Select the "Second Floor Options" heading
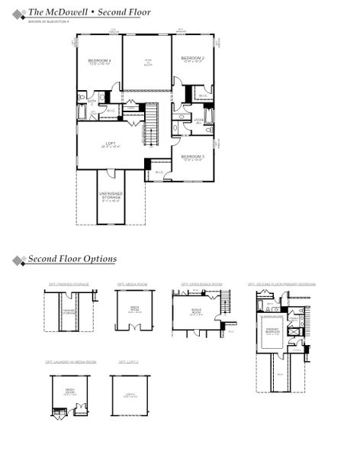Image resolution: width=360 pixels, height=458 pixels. (72, 260)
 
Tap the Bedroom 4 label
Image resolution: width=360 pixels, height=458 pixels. (99, 61)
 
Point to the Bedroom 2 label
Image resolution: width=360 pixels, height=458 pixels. (192, 59)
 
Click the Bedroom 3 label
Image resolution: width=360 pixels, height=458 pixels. (192, 156)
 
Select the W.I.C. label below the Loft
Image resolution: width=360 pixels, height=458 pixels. (159, 172)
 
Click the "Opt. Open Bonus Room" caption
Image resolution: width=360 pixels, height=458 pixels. (201, 284)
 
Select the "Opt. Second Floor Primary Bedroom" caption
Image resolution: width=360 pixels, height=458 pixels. (281, 284)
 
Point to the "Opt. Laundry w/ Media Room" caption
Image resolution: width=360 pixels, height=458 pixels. (70, 361)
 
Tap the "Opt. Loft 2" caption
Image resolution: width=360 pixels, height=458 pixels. (127, 361)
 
